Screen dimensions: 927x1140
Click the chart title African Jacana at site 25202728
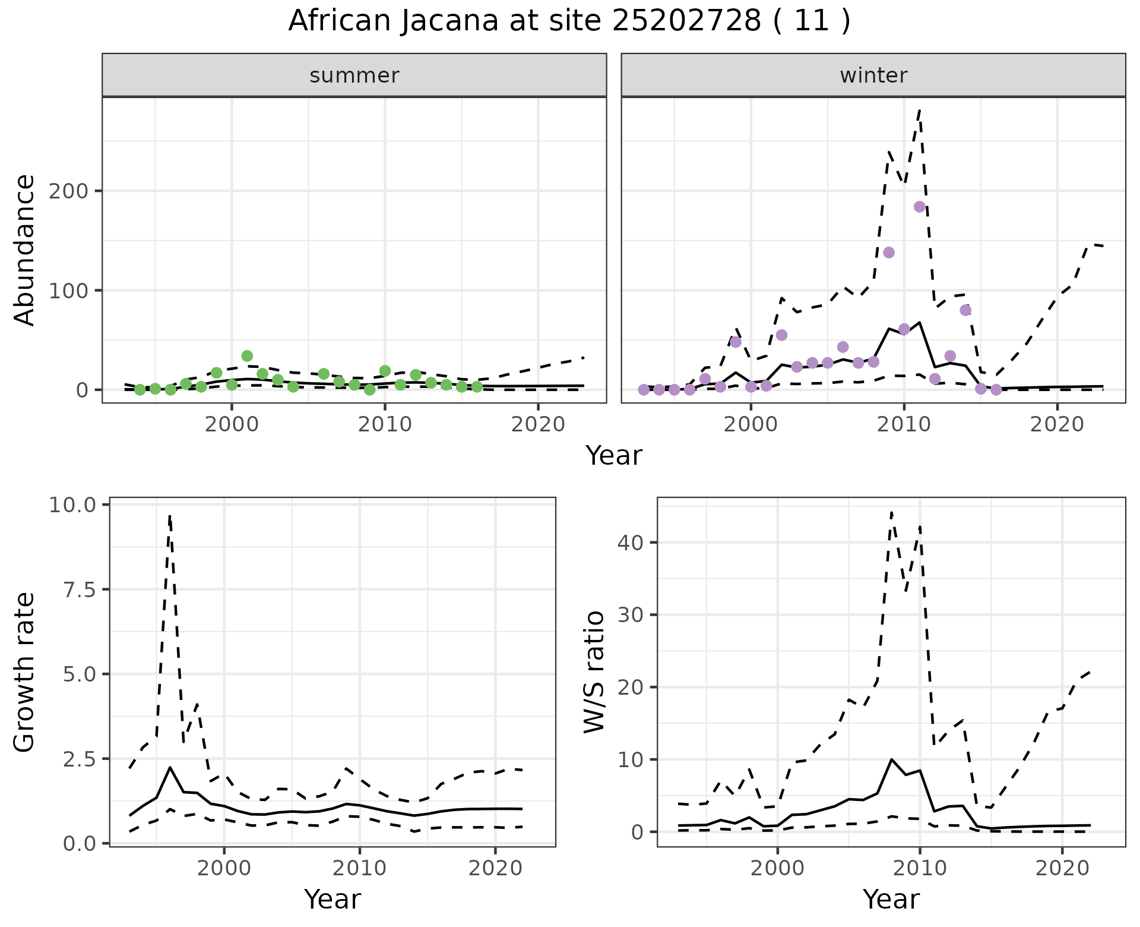[x=569, y=21]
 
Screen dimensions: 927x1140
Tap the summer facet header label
[x=354, y=75]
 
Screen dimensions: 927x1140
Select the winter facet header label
[x=873, y=75]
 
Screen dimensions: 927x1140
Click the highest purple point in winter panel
[x=920, y=207]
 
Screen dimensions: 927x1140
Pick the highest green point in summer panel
[x=247, y=356]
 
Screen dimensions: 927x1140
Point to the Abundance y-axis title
[x=25, y=250]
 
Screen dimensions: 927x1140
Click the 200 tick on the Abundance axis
[x=73, y=191]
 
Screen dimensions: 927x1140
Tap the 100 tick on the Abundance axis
[x=73, y=291]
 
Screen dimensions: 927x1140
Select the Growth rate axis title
[x=25, y=673]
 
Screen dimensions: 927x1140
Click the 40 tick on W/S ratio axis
[x=631, y=543]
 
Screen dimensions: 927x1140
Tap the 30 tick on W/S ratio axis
[x=631, y=614]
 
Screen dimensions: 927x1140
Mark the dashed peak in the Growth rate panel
[x=170, y=516]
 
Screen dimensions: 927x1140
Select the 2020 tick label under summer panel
[x=539, y=425]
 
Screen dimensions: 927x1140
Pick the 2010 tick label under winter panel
[x=904, y=425]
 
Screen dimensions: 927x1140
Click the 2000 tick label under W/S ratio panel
[x=778, y=868]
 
